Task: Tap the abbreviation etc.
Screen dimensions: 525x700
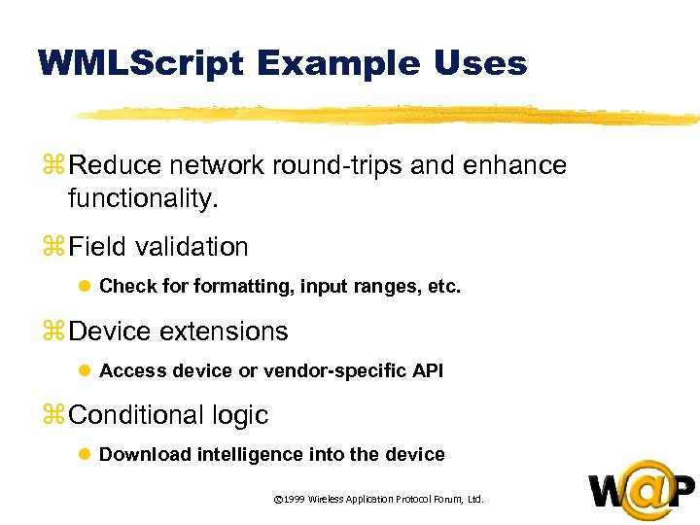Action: (442, 288)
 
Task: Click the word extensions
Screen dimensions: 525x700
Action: (225, 332)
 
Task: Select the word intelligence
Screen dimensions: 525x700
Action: (251, 455)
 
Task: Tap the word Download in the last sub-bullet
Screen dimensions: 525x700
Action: (146, 455)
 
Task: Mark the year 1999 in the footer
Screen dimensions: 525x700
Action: (295, 500)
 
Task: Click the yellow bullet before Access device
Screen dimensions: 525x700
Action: (85, 371)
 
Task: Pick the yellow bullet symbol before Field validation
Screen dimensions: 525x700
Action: (51, 248)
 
